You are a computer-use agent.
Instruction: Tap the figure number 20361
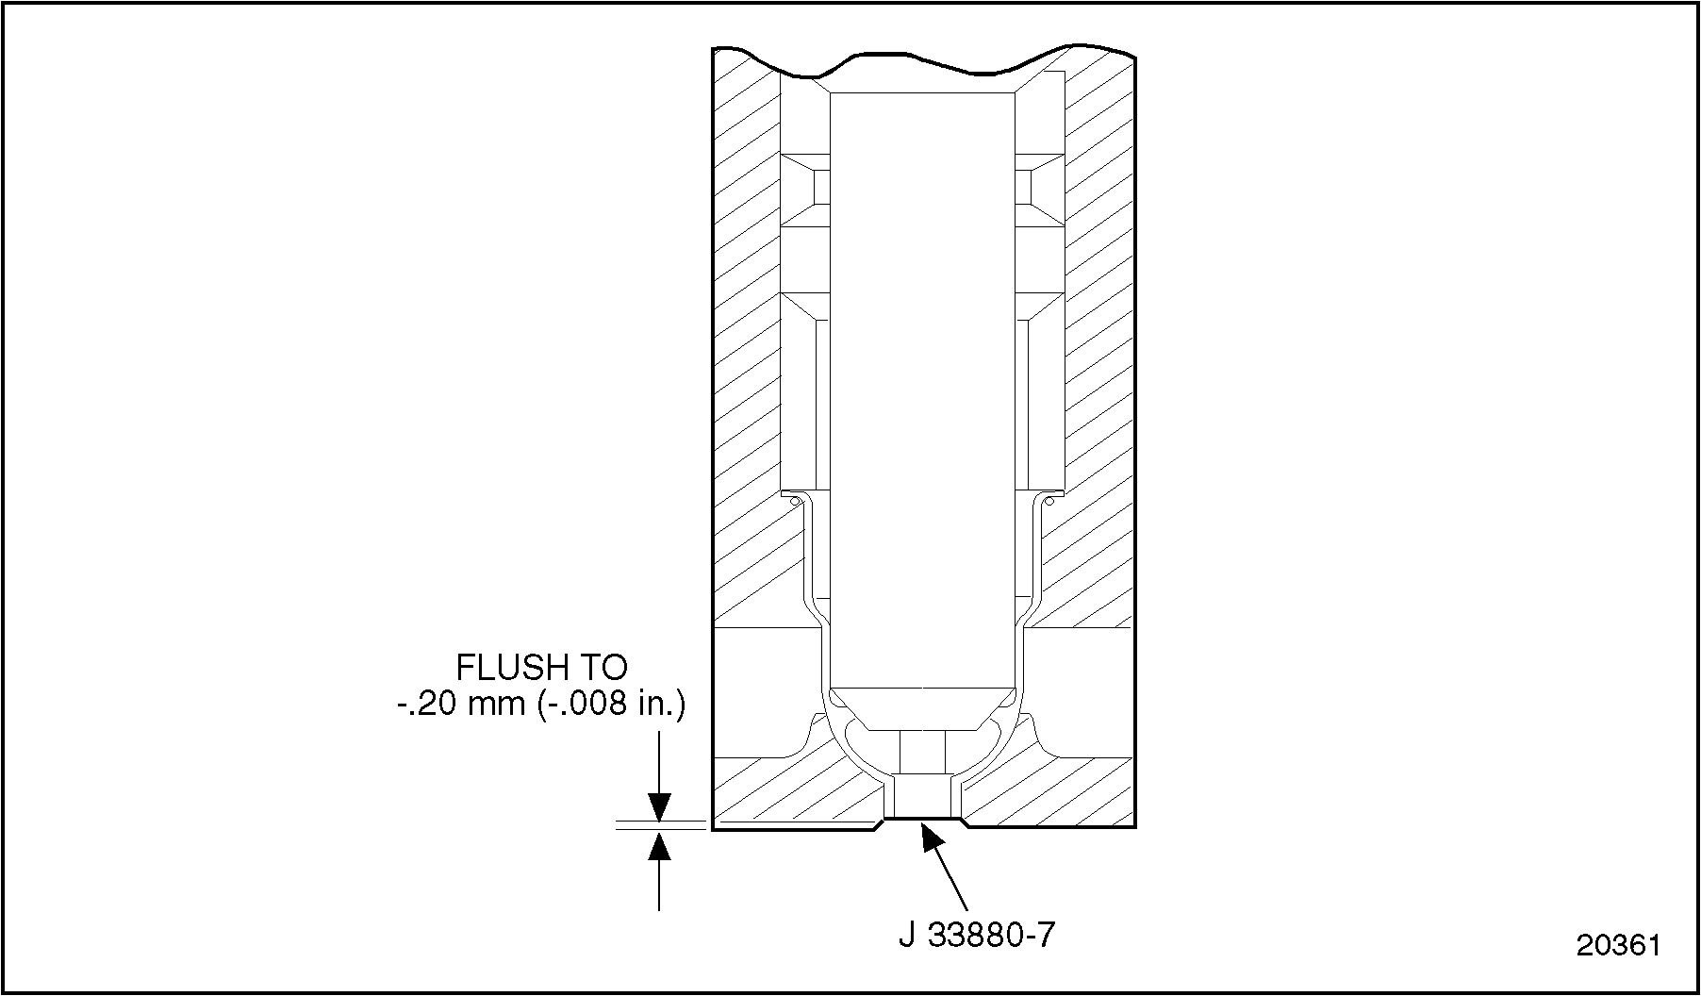click(1618, 945)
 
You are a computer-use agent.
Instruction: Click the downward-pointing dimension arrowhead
click(659, 807)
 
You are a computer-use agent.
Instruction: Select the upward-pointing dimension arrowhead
click(659, 846)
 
